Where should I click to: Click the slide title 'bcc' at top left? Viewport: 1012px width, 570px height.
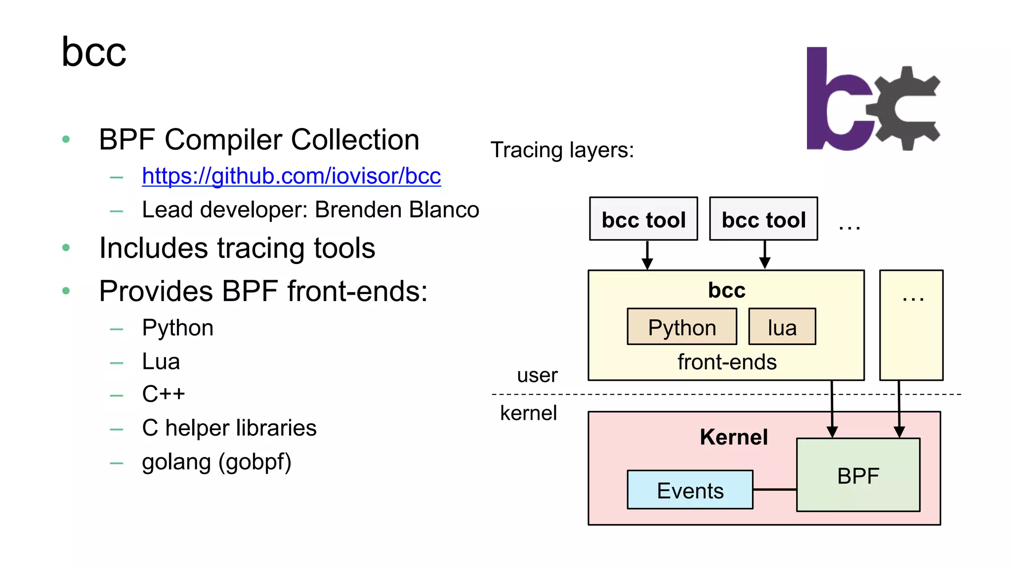(x=94, y=52)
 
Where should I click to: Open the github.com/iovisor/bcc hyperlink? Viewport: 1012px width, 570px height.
(x=291, y=176)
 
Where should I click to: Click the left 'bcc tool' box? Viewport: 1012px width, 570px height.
(x=643, y=219)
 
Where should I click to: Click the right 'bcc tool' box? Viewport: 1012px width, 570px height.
(x=763, y=219)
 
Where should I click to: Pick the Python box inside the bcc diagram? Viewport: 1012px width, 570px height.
(x=682, y=327)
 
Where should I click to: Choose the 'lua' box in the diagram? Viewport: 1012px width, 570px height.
(x=782, y=327)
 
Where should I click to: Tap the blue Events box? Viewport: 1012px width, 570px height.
(x=690, y=490)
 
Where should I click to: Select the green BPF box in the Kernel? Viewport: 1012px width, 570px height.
(x=858, y=475)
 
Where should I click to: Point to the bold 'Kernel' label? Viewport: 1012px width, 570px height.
(x=734, y=437)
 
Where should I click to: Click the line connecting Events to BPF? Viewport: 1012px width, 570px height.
(x=775, y=489)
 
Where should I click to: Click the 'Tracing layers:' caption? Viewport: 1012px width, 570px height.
(x=562, y=150)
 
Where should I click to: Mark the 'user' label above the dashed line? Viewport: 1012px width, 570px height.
(x=537, y=375)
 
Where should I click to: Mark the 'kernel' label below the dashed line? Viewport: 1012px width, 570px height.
(x=528, y=413)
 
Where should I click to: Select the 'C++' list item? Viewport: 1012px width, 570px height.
(x=163, y=394)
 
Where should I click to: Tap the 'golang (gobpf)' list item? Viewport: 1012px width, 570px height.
(x=216, y=462)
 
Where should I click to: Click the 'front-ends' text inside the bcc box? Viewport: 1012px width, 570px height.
(x=727, y=362)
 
